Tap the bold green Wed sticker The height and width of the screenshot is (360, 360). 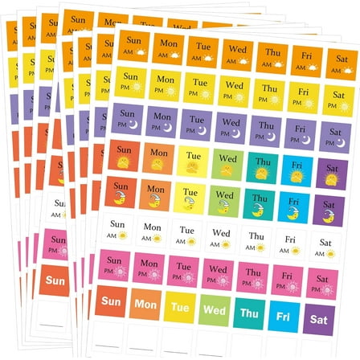(x=215, y=309)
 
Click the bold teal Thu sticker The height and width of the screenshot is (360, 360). (x=250, y=311)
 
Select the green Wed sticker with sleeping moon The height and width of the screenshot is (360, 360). (x=225, y=199)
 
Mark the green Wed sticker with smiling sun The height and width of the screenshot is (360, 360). (x=227, y=165)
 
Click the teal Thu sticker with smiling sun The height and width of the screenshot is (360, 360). (x=261, y=167)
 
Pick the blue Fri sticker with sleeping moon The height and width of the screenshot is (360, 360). (x=295, y=206)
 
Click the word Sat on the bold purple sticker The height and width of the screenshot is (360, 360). (x=321, y=317)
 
